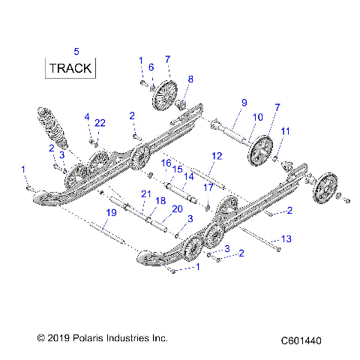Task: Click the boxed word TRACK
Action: (70, 68)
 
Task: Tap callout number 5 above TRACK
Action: (76, 50)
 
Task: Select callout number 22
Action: (100, 122)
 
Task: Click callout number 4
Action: (87, 117)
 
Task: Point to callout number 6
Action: (151, 67)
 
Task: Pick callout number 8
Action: (190, 79)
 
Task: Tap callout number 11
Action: (285, 132)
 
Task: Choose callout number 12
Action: (217, 156)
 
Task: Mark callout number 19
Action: (111, 214)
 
